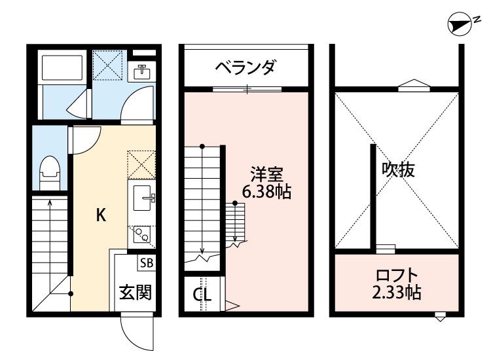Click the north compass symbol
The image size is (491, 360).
pos(461,26)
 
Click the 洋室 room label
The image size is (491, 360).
pos(267,175)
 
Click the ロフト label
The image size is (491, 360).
pos(396,275)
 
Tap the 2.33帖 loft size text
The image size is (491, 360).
pos(396,293)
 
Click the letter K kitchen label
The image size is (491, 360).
pos(101,215)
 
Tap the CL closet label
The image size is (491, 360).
pos(202,295)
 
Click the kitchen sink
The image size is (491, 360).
pos(142,196)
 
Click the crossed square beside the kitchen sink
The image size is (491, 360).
pos(141,164)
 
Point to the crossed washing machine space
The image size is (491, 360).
pos(107,65)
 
